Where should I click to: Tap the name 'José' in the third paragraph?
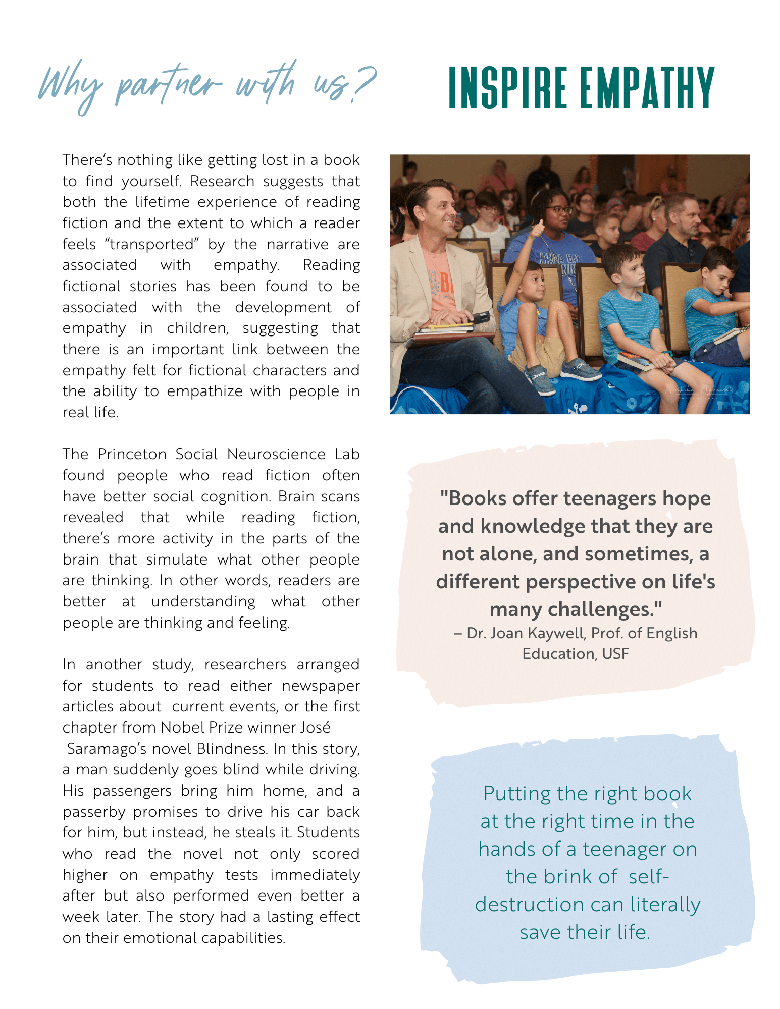coord(316,727)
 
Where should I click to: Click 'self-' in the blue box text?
coord(648,877)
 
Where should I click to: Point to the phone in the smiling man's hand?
coord(480,318)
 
